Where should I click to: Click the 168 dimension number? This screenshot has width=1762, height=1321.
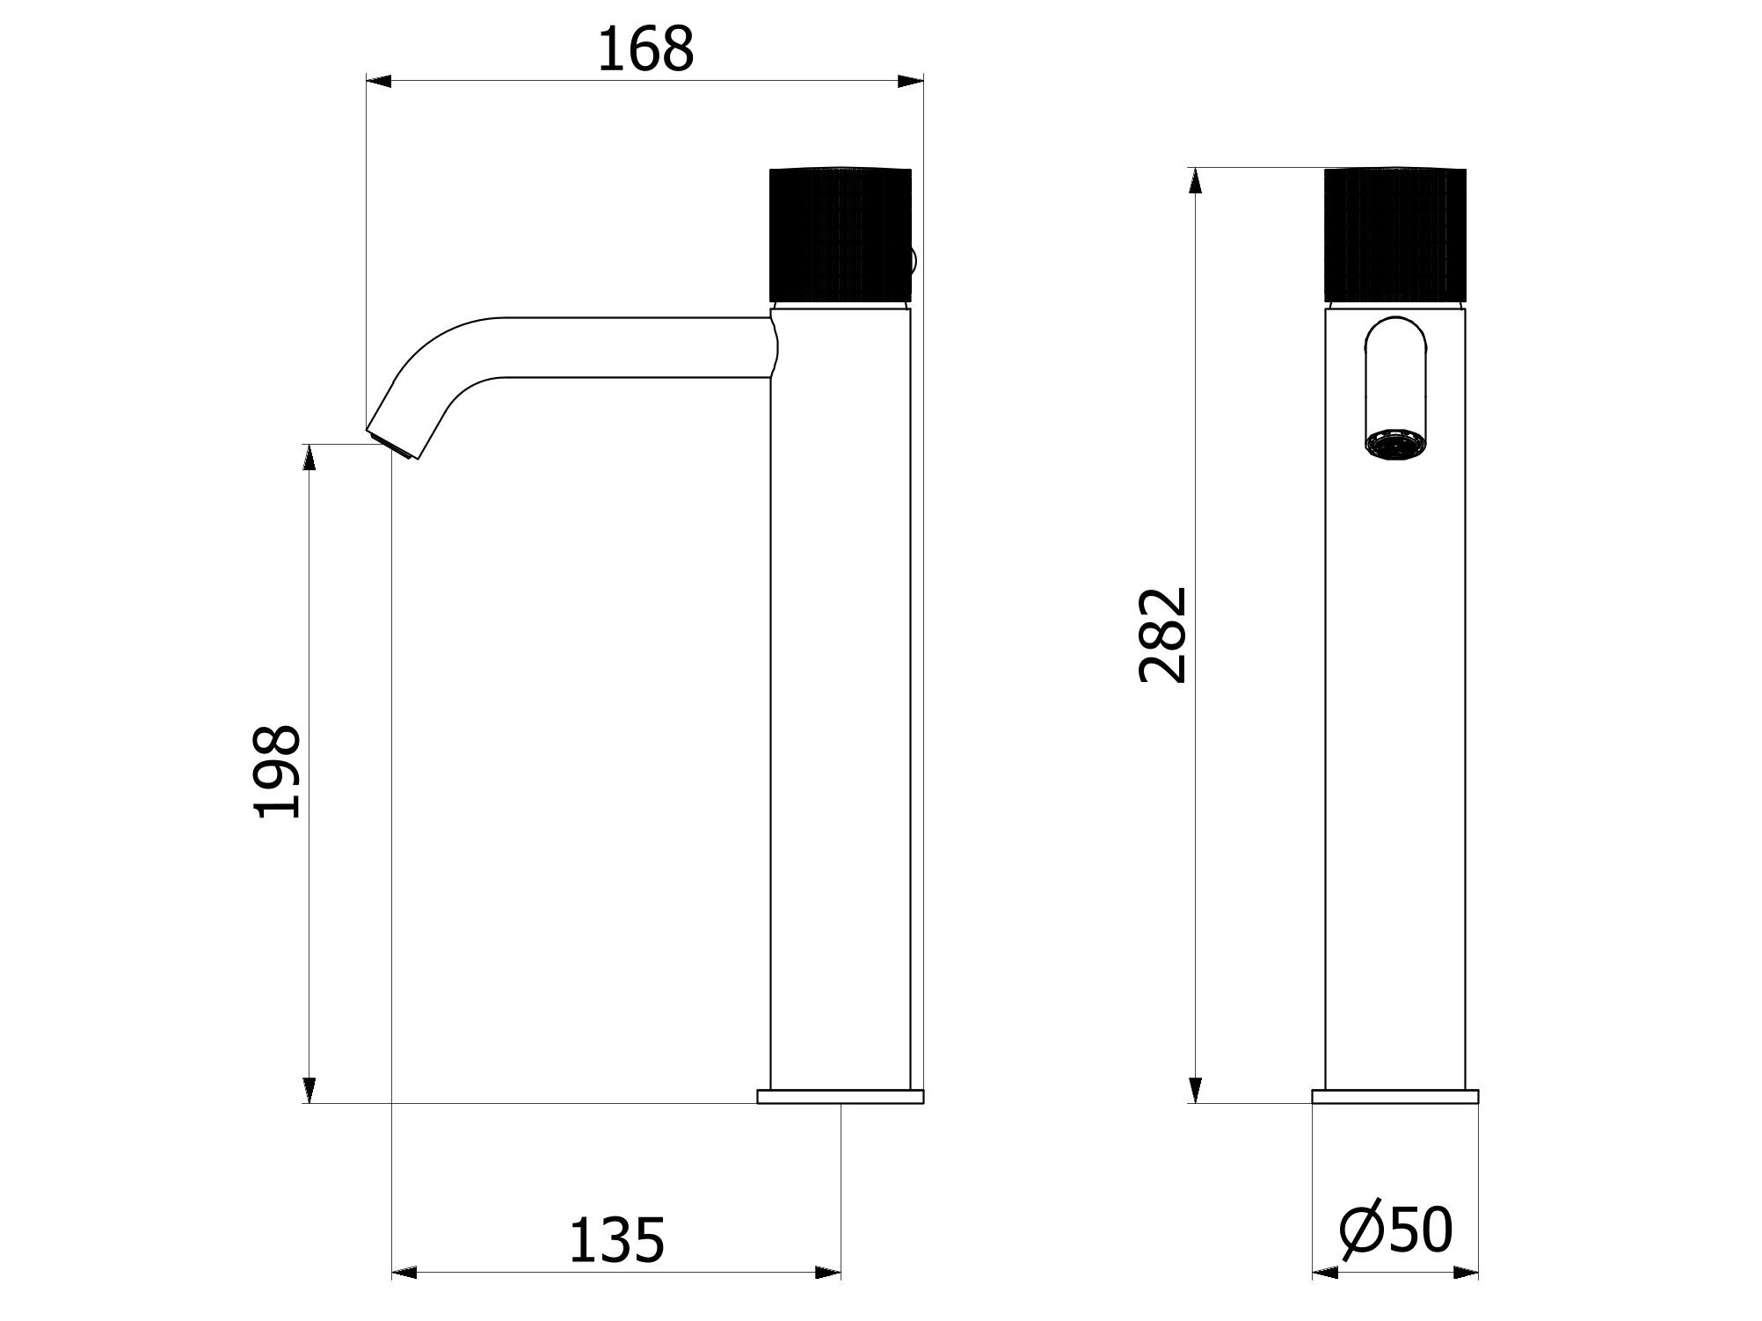point(645,50)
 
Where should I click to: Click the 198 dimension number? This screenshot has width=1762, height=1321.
point(278,772)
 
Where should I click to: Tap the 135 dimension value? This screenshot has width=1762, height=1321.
point(616,1240)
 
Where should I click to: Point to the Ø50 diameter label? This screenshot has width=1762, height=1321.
point(1395,1230)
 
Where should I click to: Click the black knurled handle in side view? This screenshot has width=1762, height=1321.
point(840,234)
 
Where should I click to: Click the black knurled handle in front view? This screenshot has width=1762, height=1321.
point(1394,234)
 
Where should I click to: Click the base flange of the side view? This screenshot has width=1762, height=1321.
point(840,1096)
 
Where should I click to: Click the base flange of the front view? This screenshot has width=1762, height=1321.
point(1394,1096)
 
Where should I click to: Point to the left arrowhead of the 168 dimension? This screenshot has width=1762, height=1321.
point(379,82)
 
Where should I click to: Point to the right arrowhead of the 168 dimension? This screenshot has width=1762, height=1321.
point(911,82)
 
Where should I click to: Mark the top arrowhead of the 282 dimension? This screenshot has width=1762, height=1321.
point(1194,180)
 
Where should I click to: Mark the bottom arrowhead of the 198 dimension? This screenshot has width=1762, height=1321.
point(309,1090)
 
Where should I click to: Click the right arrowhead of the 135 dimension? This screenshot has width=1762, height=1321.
point(828,1297)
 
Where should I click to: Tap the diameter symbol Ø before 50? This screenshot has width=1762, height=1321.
point(1362,1230)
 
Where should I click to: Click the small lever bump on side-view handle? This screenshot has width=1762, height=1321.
point(914,260)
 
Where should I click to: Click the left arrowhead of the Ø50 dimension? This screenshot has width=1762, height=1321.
point(1324,1297)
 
